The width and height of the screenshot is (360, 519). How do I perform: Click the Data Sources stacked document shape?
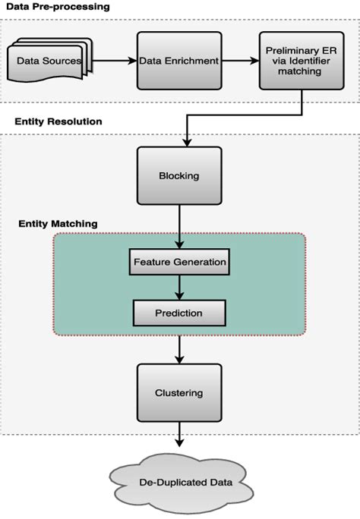pos(49,61)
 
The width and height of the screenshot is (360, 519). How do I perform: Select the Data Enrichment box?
pos(179,61)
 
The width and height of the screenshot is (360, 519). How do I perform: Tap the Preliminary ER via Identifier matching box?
pos(302,61)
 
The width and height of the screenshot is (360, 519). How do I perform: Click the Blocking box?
pos(179,175)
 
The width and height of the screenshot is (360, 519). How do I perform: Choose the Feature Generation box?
pos(179,262)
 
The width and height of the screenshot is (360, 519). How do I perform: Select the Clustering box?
pos(179,392)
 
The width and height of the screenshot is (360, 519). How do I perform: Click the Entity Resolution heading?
pos(58,121)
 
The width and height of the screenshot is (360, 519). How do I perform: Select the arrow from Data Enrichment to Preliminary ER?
pos(240,58)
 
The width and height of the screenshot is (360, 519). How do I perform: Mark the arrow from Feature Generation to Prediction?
pos(179,287)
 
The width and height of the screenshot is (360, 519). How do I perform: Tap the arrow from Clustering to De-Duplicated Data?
pos(179,439)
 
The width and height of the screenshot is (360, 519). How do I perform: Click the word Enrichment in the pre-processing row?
pos(191,61)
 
